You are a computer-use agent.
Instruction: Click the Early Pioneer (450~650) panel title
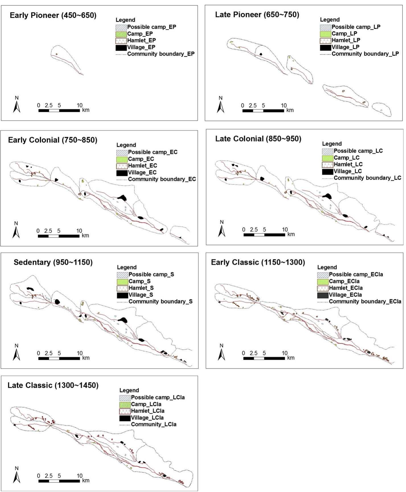pos(53,15)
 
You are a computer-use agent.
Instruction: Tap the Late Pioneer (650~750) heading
pos(257,15)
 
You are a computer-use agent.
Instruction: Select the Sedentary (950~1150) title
pos(53,262)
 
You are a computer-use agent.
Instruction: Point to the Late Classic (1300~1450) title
pos(53,385)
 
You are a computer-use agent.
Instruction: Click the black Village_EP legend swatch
pos(121,47)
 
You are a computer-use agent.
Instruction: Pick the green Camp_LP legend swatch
pos(325,34)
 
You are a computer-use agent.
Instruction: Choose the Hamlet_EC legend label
pos(142,166)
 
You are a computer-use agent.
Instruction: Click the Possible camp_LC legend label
pos(358,151)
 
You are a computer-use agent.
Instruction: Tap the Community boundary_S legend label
pos(161,302)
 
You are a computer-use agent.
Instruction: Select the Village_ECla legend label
pos(345,295)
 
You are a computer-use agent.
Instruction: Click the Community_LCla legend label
pos(153,424)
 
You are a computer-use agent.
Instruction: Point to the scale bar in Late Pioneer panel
pos(263,111)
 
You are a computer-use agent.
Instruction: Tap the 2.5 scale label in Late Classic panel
pos(49,476)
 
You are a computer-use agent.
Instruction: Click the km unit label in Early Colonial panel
pos(85,235)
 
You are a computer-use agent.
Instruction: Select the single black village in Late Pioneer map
pos(261,54)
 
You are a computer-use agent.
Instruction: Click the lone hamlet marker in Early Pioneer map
pos(57,54)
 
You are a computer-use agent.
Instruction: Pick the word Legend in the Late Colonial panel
pos(332,144)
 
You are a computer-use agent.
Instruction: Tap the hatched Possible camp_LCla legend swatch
pos(125,397)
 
